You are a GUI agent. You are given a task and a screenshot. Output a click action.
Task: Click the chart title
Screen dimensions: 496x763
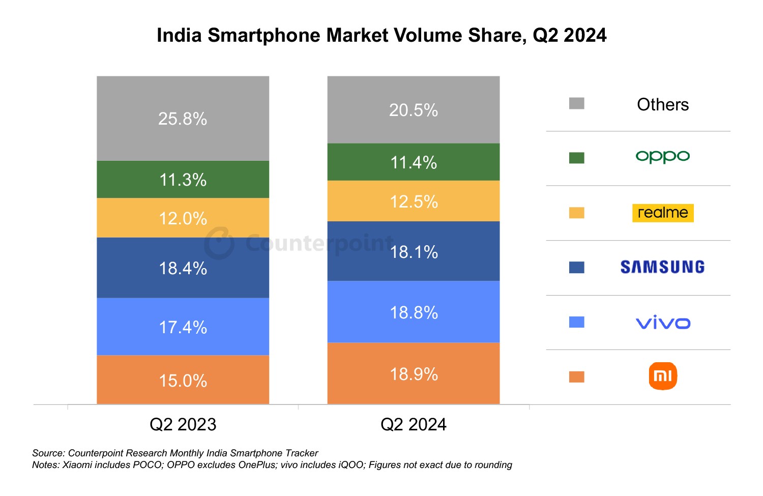point(382,36)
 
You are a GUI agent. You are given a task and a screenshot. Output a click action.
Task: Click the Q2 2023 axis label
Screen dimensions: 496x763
point(183,424)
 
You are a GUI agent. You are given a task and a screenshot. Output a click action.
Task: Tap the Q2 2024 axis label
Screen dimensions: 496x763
point(413,424)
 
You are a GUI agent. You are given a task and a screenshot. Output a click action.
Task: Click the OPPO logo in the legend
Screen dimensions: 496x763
point(662,157)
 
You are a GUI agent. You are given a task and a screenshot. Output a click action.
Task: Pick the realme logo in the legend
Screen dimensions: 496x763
point(662,213)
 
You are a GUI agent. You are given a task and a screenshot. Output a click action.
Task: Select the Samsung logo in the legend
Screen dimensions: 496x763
point(662,267)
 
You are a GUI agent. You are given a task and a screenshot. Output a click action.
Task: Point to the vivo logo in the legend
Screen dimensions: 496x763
point(663,323)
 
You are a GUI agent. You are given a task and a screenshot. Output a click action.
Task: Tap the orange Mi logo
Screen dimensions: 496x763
point(663,376)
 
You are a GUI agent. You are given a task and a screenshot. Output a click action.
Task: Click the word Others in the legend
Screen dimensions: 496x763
point(662,104)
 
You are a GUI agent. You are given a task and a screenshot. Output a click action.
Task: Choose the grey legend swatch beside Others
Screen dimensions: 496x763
point(576,104)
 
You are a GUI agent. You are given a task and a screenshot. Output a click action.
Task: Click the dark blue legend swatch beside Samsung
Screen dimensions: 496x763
point(576,268)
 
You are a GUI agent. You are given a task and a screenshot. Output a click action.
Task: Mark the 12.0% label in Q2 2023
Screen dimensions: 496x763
point(183,219)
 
